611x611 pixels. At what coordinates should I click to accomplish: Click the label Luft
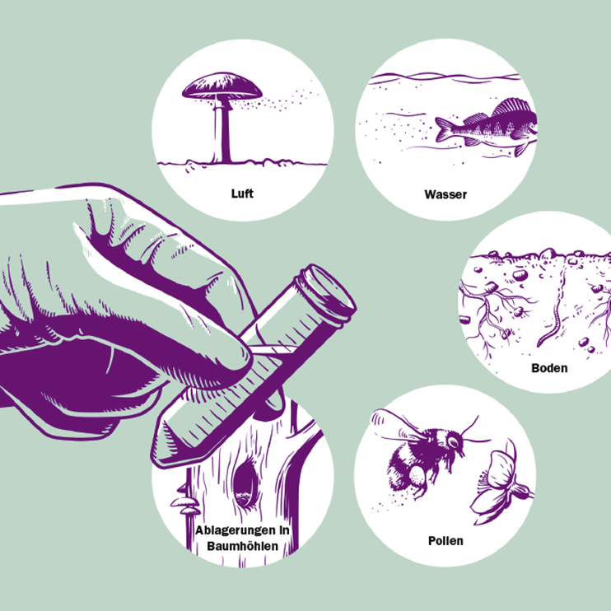pyautogui.click(x=242, y=194)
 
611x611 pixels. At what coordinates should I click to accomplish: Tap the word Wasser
pyautogui.click(x=445, y=194)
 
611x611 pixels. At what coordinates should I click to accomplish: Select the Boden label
pyautogui.click(x=549, y=368)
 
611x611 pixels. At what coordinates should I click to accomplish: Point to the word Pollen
pyautogui.click(x=445, y=541)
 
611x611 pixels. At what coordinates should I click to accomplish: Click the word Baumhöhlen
pyautogui.click(x=242, y=546)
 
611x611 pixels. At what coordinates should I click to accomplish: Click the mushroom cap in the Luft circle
pyautogui.click(x=222, y=86)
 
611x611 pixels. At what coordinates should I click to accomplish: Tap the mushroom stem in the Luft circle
pyautogui.click(x=222, y=131)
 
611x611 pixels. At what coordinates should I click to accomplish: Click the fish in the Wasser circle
pyautogui.click(x=486, y=127)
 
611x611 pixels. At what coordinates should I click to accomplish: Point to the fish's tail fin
pyautogui.click(x=444, y=129)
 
